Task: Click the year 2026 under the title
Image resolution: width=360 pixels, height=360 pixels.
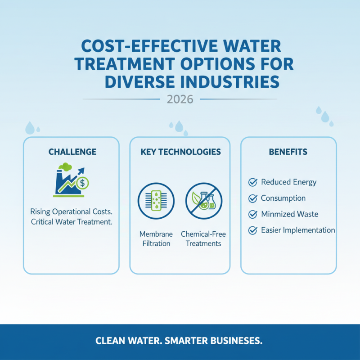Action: pyautogui.click(x=180, y=99)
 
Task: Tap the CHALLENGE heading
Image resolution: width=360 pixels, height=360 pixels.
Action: pyautogui.click(x=72, y=152)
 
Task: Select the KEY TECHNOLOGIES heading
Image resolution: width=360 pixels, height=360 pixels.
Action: pyautogui.click(x=180, y=152)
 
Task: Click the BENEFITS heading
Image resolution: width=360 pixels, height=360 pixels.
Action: pyautogui.click(x=288, y=152)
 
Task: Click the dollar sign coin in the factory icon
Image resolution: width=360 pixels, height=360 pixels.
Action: pyautogui.click(x=82, y=183)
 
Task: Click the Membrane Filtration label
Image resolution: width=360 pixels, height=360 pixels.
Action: pyautogui.click(x=155, y=239)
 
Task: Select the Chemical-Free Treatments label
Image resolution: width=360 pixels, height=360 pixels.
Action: pyautogui.click(x=203, y=239)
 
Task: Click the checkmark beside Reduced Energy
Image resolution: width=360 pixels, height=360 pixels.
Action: pyautogui.click(x=252, y=182)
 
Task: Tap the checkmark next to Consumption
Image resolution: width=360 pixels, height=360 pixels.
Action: pyautogui.click(x=252, y=198)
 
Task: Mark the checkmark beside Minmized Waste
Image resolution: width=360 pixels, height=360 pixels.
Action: pyautogui.click(x=252, y=214)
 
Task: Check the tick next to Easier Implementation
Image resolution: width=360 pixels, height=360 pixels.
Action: pyautogui.click(x=252, y=230)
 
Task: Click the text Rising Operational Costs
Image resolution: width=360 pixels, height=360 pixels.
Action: pyautogui.click(x=72, y=211)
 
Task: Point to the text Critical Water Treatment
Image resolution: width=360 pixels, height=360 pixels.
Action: pyautogui.click(x=72, y=222)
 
